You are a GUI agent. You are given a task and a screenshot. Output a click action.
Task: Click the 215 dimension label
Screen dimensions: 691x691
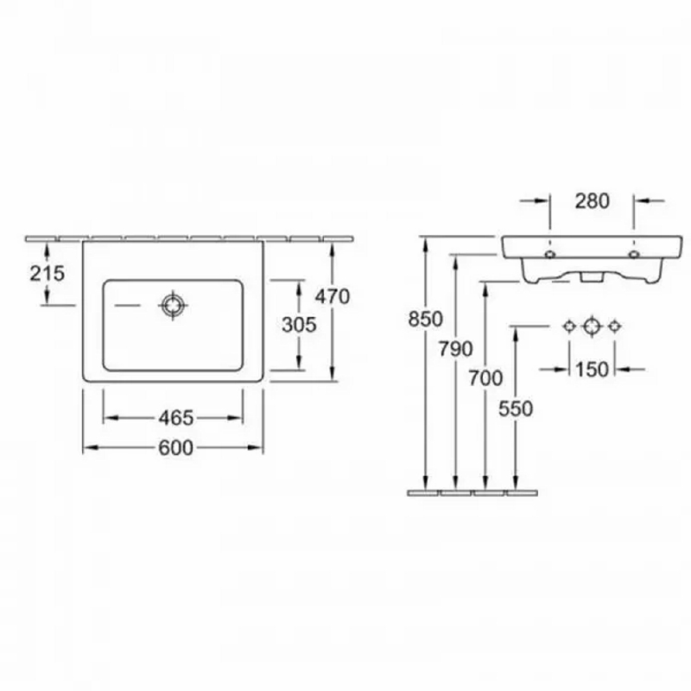point(48,273)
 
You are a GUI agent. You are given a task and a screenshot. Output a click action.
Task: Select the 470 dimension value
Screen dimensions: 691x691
point(333,296)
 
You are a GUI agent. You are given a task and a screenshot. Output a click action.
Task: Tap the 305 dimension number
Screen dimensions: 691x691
point(299,325)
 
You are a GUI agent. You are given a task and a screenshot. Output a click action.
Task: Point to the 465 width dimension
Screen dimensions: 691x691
point(176,418)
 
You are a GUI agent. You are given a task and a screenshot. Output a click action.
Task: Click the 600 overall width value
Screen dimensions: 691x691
point(176,447)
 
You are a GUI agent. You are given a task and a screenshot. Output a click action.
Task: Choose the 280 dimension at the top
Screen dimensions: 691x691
point(592,201)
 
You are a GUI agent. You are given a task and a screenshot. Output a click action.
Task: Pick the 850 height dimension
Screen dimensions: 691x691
point(425,319)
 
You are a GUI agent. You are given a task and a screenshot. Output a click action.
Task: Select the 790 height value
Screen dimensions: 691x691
point(456,349)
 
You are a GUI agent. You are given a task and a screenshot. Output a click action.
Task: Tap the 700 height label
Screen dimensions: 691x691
point(485,378)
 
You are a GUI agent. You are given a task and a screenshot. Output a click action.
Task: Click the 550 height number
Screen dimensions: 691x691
point(516,409)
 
